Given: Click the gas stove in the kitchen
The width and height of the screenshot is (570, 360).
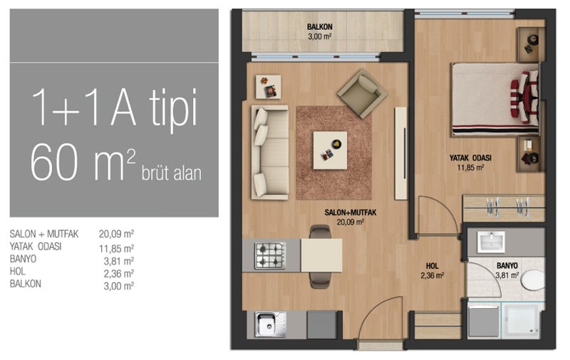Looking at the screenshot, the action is click(270, 255).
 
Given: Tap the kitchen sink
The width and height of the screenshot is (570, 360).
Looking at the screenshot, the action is click(270, 324).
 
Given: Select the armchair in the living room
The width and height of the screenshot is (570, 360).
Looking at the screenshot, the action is click(362, 93).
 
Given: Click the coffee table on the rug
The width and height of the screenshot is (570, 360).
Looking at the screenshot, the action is click(330, 150).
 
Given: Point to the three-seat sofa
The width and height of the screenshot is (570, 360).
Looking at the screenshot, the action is click(270, 153).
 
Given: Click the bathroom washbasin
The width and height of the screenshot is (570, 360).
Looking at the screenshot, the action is click(491, 242).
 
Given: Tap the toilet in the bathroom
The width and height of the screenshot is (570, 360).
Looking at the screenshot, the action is click(533, 279).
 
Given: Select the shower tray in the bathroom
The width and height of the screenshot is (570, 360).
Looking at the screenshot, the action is click(523, 320).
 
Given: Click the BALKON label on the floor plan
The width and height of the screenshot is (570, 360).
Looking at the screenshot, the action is click(319, 27).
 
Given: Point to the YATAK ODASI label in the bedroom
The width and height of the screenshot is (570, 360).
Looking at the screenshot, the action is click(470, 158).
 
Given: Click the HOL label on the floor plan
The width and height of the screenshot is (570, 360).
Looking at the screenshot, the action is click(432, 266).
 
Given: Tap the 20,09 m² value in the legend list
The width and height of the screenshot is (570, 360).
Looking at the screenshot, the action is click(116, 234).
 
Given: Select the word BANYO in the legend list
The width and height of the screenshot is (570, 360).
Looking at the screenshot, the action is click(23, 259).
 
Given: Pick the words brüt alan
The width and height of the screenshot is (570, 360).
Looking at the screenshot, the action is click(171, 173).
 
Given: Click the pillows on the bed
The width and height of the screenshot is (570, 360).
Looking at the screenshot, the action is click(524, 96).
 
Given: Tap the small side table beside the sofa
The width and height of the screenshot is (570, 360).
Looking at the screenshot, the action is click(269, 87).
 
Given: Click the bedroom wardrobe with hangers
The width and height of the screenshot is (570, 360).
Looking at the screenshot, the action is click(504, 208).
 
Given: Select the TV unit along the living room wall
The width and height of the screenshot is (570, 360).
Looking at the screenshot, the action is click(401, 153).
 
